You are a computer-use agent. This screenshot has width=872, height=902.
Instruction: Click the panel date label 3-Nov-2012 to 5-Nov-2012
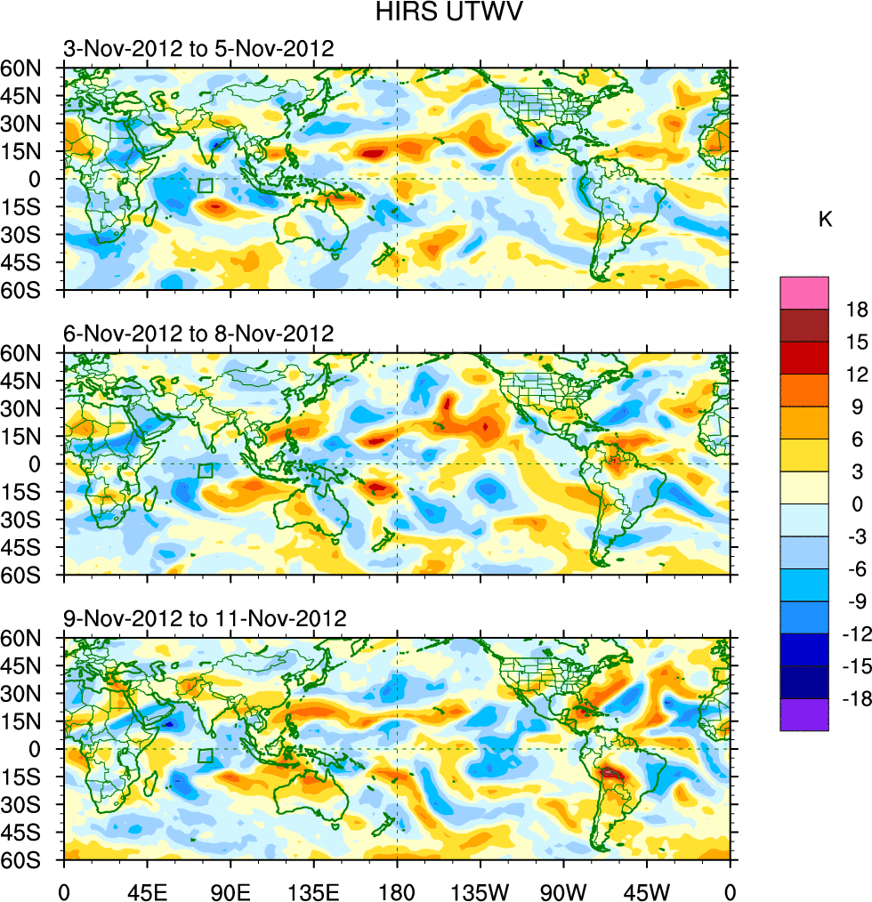[x=198, y=48]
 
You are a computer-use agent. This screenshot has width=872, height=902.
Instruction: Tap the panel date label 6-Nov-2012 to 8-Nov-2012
[x=198, y=334]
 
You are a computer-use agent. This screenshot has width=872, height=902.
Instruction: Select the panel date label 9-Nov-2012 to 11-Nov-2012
[x=205, y=618]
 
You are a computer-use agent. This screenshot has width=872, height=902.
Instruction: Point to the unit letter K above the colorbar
[x=825, y=220]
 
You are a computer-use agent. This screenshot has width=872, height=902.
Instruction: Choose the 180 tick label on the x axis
[x=397, y=890]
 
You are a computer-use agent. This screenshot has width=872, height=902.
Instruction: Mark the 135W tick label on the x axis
[x=480, y=890]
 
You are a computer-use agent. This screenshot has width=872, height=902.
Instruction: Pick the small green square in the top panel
[x=206, y=186]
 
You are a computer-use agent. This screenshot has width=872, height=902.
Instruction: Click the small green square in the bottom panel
[x=206, y=756]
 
